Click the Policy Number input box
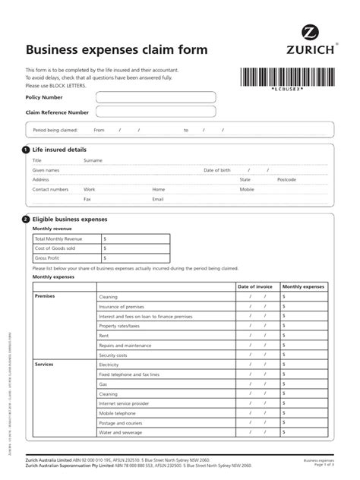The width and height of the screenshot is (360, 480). [155, 97]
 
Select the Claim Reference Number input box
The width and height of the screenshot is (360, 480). [155, 112]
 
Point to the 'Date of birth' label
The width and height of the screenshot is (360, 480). [216, 170]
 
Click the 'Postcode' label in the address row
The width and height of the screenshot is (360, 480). [287, 179]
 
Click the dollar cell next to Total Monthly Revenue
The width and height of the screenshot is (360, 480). [135, 238]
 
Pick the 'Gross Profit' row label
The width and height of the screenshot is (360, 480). [47, 257]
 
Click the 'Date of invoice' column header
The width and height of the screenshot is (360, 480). [254, 286]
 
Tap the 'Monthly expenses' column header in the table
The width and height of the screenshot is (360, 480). [303, 286]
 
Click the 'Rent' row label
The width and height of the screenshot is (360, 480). [104, 335]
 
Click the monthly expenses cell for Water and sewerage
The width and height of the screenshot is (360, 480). [303, 433]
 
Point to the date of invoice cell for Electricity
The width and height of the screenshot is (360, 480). [254, 365]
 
